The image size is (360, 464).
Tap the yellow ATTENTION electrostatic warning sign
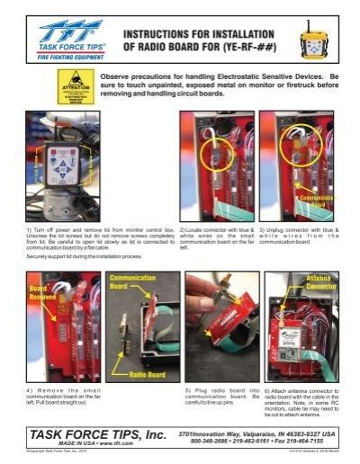[x=75, y=89]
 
